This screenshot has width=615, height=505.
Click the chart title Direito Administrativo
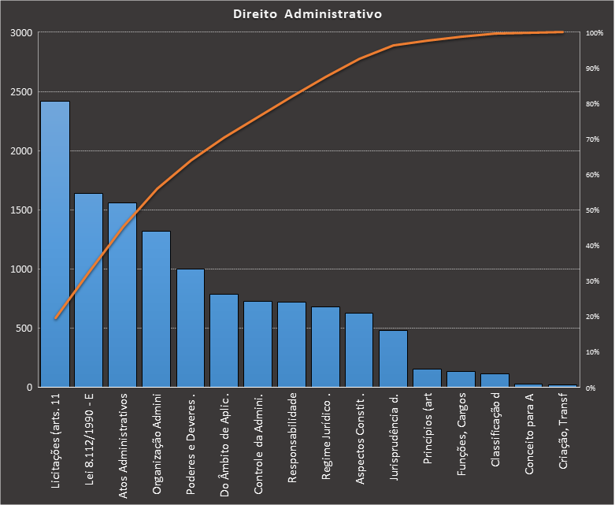pos(308,14)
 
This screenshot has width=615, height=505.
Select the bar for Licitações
pos(55,244)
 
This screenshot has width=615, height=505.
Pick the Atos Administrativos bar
pos(122,295)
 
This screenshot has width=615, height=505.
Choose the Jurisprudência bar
pos(393,358)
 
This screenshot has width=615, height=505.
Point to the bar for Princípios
pos(427,378)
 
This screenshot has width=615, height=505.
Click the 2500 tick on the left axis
pos(22,92)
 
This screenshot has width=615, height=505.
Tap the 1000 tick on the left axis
pos(22,269)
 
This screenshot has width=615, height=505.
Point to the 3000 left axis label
pos(22,33)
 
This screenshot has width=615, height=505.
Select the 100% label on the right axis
pos(595,33)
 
